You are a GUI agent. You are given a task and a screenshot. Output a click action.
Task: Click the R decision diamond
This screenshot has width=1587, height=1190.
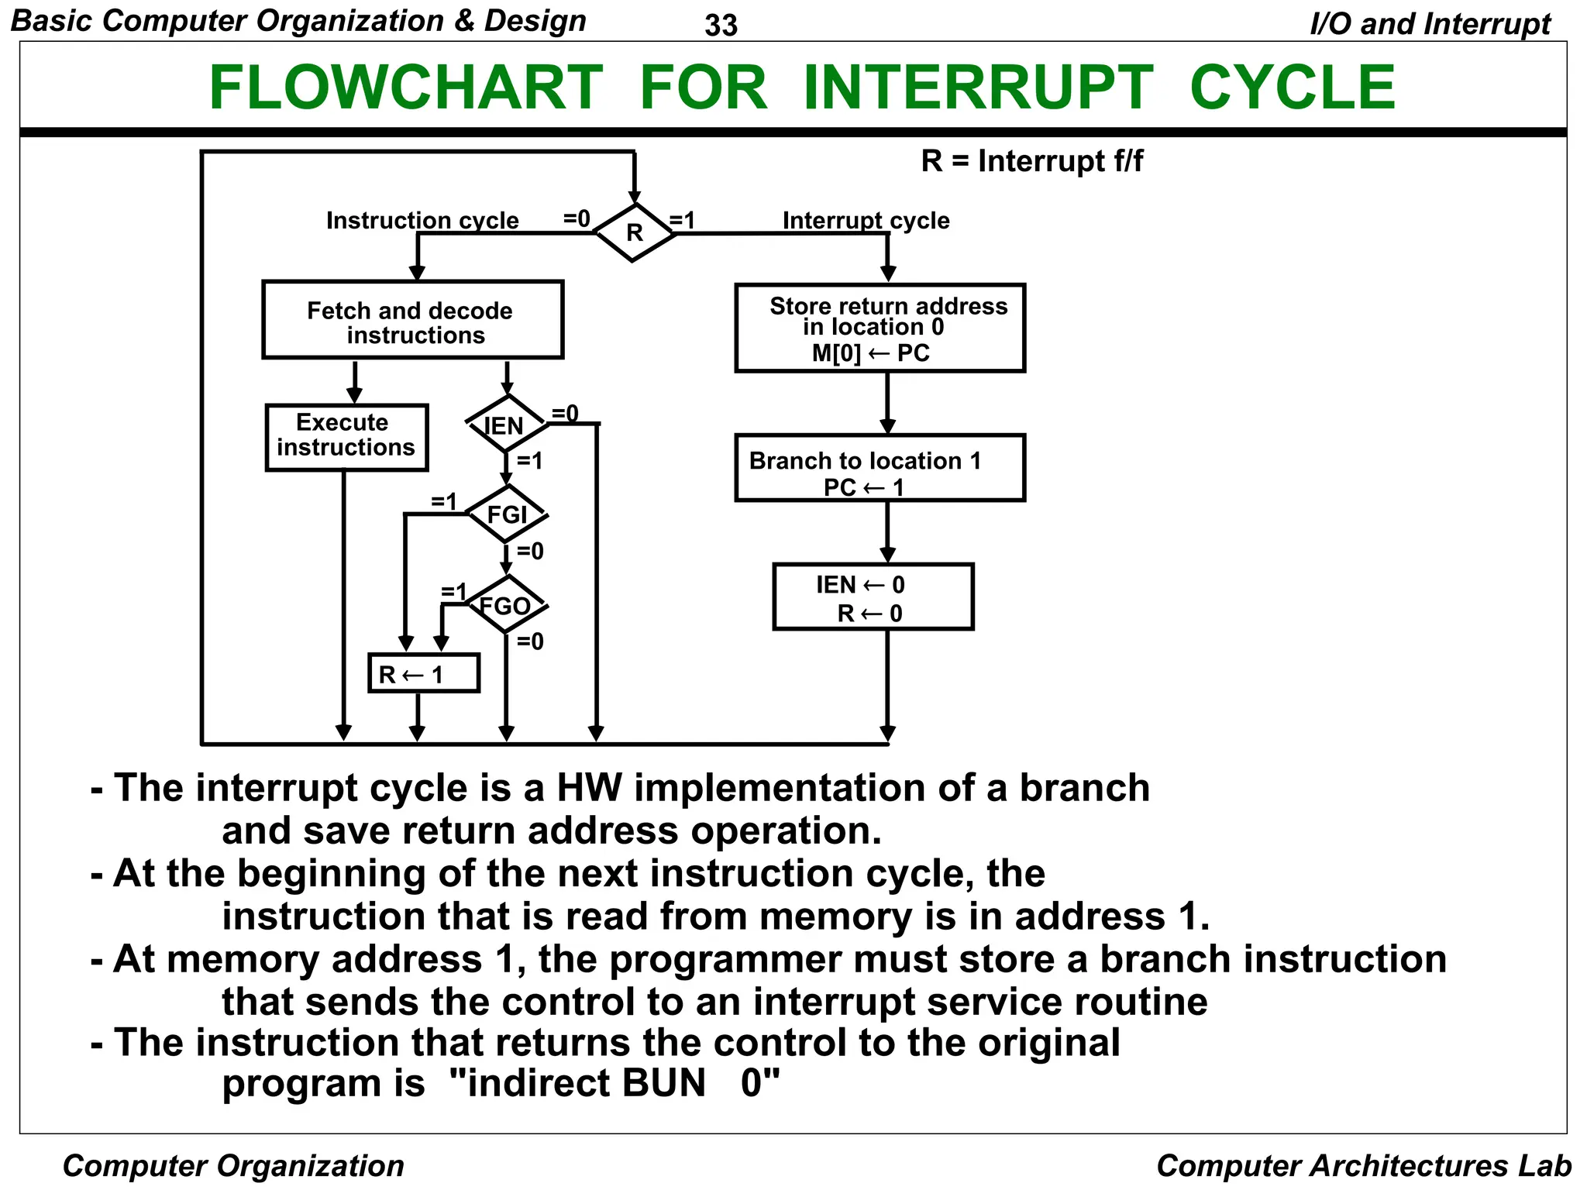pyautogui.click(x=634, y=232)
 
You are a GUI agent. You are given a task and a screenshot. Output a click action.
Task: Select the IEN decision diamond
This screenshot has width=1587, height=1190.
pyautogui.click(x=506, y=424)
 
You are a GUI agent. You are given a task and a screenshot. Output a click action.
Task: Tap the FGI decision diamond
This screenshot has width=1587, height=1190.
pyautogui.click(x=507, y=514)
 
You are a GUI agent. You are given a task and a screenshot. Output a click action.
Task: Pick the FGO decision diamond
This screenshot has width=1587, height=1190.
pyautogui.click(x=507, y=604)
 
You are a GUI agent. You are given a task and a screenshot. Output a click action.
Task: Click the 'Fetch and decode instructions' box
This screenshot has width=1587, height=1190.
pyautogui.click(x=412, y=320)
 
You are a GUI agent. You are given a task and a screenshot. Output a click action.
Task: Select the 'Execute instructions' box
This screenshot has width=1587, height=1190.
pyautogui.click(x=346, y=437)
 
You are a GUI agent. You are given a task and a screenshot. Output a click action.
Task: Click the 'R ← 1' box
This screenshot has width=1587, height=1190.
pyautogui.click(x=423, y=673)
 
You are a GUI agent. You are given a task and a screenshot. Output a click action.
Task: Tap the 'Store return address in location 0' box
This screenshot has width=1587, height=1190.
pyautogui.click(x=880, y=328)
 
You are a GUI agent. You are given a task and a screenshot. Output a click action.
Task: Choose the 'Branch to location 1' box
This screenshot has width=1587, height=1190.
pyautogui.click(x=880, y=468)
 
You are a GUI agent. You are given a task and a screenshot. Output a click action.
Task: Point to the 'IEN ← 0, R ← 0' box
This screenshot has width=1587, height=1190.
pyautogui.click(x=873, y=597)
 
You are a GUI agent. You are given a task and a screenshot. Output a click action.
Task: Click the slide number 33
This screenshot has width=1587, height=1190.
pyautogui.click(x=721, y=26)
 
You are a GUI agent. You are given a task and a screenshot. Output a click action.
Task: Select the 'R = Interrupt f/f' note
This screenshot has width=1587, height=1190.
pyautogui.click(x=1031, y=161)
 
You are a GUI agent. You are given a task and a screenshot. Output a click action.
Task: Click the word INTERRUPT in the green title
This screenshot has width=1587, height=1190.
pyautogui.click(x=978, y=87)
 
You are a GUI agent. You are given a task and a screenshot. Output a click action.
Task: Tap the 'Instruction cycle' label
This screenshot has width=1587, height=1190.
pyautogui.click(x=422, y=221)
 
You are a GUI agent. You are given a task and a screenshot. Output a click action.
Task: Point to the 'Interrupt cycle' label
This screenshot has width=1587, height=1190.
pyautogui.click(x=866, y=221)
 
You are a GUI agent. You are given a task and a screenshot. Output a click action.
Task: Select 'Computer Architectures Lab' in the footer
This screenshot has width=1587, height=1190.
pyautogui.click(x=1363, y=1165)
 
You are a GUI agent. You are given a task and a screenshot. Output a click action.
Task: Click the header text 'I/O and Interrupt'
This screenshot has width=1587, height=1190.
pyautogui.click(x=1430, y=23)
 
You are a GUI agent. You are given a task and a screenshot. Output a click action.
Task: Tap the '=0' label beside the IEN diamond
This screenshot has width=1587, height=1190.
pyautogui.click(x=565, y=413)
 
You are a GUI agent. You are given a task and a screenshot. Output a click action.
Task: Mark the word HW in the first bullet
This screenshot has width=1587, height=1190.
pyautogui.click(x=589, y=788)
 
